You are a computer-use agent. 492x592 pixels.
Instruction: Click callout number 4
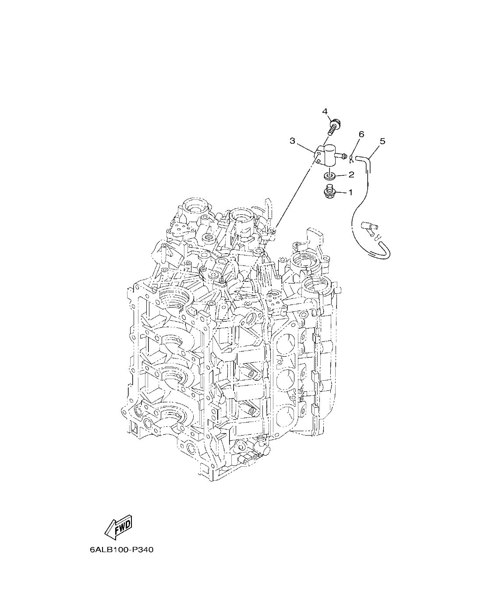pyautogui.click(x=325, y=112)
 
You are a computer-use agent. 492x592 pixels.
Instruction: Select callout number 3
pyautogui.click(x=292, y=141)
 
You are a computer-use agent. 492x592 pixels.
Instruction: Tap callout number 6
pyautogui.click(x=361, y=134)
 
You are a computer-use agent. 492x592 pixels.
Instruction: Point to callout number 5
pyautogui.click(x=382, y=141)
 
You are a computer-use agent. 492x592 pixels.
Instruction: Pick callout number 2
pyautogui.click(x=351, y=175)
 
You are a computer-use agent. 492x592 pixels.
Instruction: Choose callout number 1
pyautogui.click(x=350, y=192)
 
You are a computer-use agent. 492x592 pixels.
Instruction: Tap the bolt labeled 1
pyautogui.click(x=329, y=192)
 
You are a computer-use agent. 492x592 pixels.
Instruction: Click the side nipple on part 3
pyautogui.click(x=342, y=156)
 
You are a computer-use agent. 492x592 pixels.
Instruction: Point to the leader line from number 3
pyautogui.click(x=307, y=146)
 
